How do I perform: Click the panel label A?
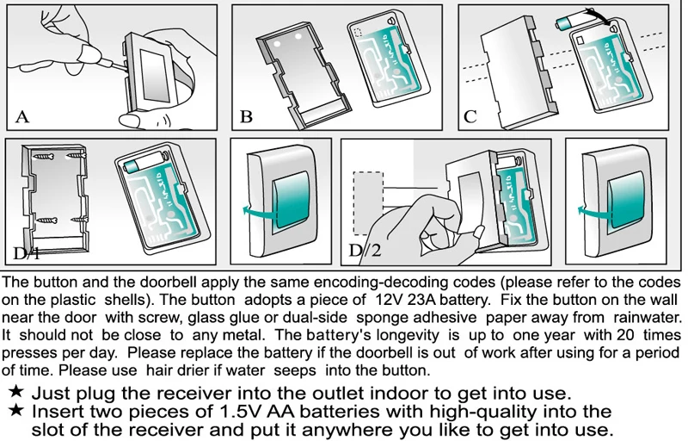(x=22, y=117)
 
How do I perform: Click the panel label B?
(x=246, y=117)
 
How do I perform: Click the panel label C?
(x=470, y=117)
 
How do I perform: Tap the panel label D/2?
(x=365, y=251)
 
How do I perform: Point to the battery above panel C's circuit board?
(x=570, y=21)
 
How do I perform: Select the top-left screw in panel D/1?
(x=43, y=157)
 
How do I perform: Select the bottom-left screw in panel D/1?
(x=47, y=220)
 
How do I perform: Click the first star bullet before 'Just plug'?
(x=16, y=391)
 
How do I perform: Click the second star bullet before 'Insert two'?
(x=16, y=410)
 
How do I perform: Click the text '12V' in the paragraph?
(x=389, y=300)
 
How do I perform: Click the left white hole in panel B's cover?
(x=277, y=45)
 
